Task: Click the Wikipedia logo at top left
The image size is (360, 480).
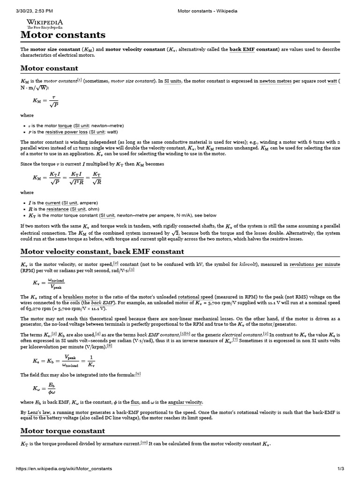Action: pos(45,24)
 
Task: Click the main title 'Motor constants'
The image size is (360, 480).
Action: pos(63,35)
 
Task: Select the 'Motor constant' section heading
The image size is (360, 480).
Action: pos(49,68)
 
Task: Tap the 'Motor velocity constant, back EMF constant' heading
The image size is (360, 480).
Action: pos(102,251)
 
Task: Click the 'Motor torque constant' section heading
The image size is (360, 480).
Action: pos(63,431)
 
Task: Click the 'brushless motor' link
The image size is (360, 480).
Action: pos(81,297)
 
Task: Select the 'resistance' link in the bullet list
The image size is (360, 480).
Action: pos(57,209)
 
